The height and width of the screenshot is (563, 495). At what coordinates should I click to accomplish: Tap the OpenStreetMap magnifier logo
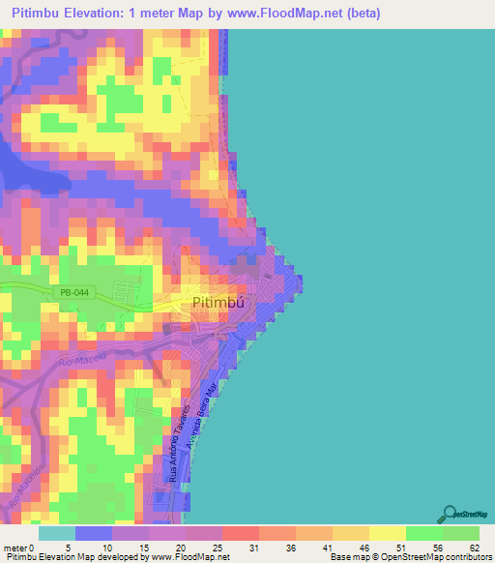click(451, 513)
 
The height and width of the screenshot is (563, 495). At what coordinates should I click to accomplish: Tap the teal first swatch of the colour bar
click(56, 533)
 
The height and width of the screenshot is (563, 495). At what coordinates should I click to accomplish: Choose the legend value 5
click(74, 548)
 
